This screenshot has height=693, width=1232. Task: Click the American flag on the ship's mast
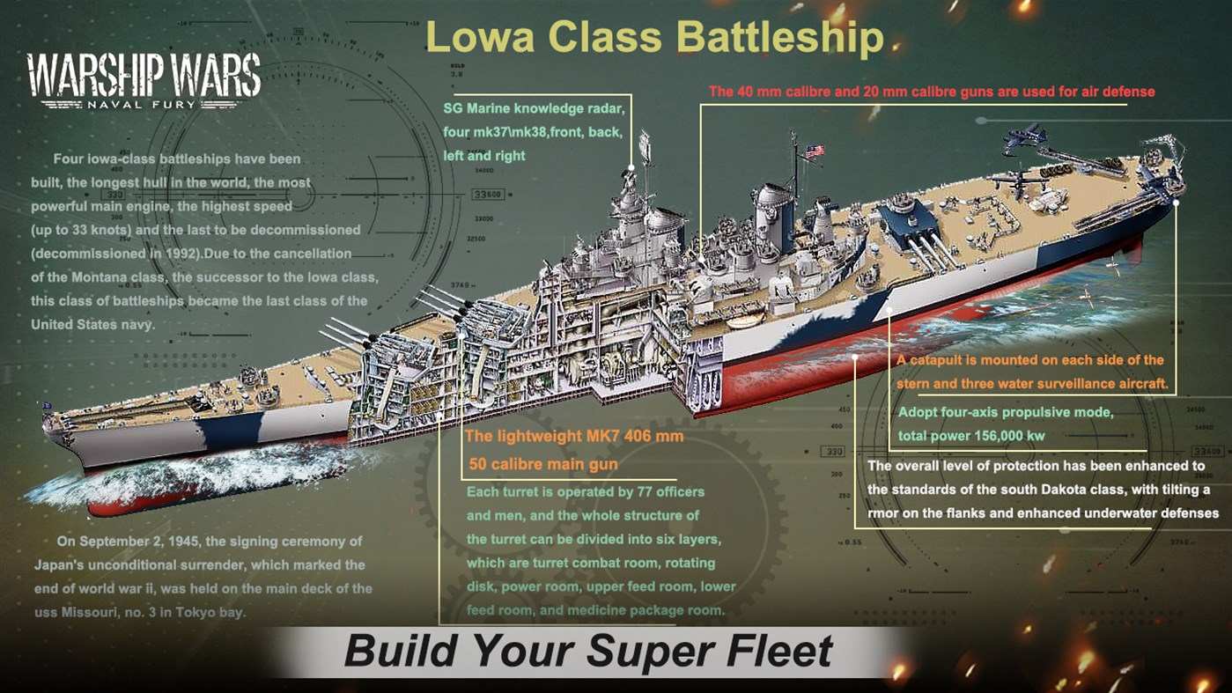tap(815, 151)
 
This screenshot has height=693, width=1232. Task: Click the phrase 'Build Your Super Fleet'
tap(587, 652)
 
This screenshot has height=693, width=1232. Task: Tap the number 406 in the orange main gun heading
tap(643, 437)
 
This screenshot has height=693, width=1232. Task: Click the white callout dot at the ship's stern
tap(1177, 202)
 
